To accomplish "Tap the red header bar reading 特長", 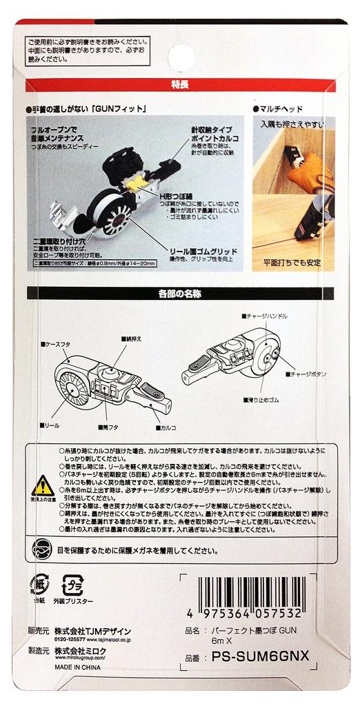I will [x=180, y=85].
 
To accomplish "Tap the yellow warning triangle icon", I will [x=43, y=485].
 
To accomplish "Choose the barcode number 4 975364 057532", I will [x=243, y=613].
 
